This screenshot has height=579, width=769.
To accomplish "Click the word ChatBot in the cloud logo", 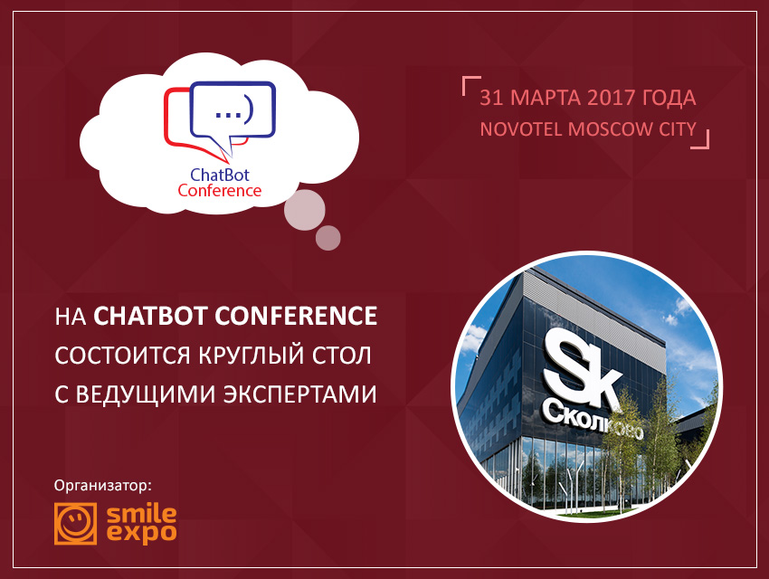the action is [220, 175].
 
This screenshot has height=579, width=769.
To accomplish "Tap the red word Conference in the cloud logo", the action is [220, 190].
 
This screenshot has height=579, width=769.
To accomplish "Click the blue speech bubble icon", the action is [233, 113].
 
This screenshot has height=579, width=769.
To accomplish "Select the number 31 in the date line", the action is [491, 98].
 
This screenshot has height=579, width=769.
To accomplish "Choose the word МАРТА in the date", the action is [545, 98].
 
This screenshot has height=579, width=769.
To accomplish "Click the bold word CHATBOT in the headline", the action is [150, 316].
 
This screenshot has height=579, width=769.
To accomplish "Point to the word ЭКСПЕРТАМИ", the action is [300, 394].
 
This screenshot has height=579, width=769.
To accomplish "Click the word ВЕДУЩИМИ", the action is [146, 394].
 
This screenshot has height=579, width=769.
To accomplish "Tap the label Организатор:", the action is [103, 486].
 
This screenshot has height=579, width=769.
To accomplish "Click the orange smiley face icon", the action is [75, 523].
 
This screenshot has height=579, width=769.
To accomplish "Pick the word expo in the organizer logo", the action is [141, 534].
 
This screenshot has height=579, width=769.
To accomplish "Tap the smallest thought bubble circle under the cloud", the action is [328, 238].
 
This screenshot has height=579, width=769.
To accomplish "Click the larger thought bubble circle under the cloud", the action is [305, 210].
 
